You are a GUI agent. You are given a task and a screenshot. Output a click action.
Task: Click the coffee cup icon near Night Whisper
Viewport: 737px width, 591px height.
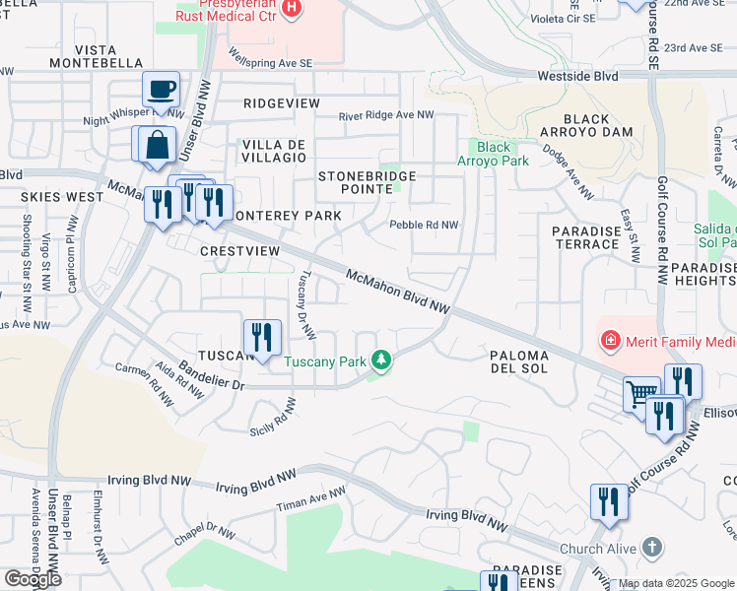tap(161, 90)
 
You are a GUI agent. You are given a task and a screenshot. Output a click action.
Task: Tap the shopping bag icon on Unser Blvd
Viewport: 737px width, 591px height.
tap(156, 144)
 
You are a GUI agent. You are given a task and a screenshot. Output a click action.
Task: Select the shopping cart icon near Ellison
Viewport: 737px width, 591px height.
tap(641, 394)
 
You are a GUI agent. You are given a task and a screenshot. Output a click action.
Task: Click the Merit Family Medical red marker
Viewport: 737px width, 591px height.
tap(611, 342)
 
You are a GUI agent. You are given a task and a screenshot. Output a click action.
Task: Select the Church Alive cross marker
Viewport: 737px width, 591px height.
tap(651, 547)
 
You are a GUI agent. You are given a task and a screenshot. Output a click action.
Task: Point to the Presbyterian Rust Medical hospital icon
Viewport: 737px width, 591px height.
tap(291, 10)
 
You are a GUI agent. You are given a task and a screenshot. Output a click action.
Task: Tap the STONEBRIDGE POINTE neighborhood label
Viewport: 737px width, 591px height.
tap(368, 182)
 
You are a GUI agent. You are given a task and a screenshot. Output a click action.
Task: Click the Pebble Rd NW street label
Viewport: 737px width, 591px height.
tap(424, 225)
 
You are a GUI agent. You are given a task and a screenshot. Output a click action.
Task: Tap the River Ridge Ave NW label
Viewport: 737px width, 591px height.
tap(386, 115)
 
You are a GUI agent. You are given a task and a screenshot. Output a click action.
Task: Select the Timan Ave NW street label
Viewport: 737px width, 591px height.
tap(311, 498)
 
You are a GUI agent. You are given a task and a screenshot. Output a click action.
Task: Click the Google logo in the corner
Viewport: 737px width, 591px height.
tap(33, 579)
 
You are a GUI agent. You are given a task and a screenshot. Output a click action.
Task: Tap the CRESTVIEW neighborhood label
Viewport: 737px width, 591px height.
tap(239, 251)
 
